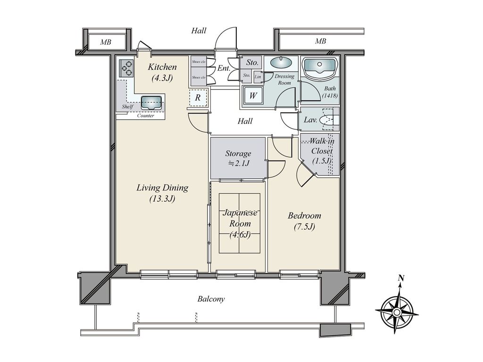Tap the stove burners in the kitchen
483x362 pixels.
126,68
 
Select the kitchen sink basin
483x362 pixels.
151,102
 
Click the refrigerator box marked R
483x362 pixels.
198,98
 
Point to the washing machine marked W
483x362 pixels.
253,95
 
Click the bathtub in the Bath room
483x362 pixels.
319,66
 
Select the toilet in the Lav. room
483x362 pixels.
328,119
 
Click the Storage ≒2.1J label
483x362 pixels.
238,158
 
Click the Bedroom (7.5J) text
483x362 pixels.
304,221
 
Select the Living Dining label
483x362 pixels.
162,188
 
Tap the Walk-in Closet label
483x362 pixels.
322,146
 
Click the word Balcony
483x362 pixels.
211,299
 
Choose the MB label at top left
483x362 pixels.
106,42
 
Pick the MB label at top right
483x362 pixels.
320,41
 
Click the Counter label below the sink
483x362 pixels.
146,116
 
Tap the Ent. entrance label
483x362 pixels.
224,68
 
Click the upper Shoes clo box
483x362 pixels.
199,62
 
